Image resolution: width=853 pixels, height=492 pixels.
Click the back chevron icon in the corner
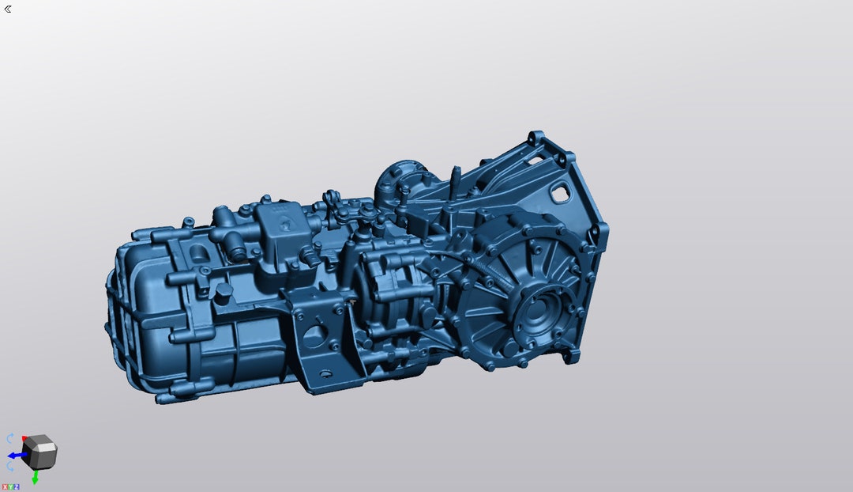click(8, 9)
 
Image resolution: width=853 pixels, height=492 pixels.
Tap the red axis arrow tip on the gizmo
click(25, 437)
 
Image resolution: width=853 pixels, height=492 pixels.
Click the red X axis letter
click(4, 487)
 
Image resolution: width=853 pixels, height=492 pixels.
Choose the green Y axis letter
click(10, 487)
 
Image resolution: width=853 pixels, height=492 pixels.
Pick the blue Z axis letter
click(17, 487)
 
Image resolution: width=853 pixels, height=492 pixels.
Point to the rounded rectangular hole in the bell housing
click(562, 191)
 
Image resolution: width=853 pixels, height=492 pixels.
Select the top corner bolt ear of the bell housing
click(535, 138)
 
